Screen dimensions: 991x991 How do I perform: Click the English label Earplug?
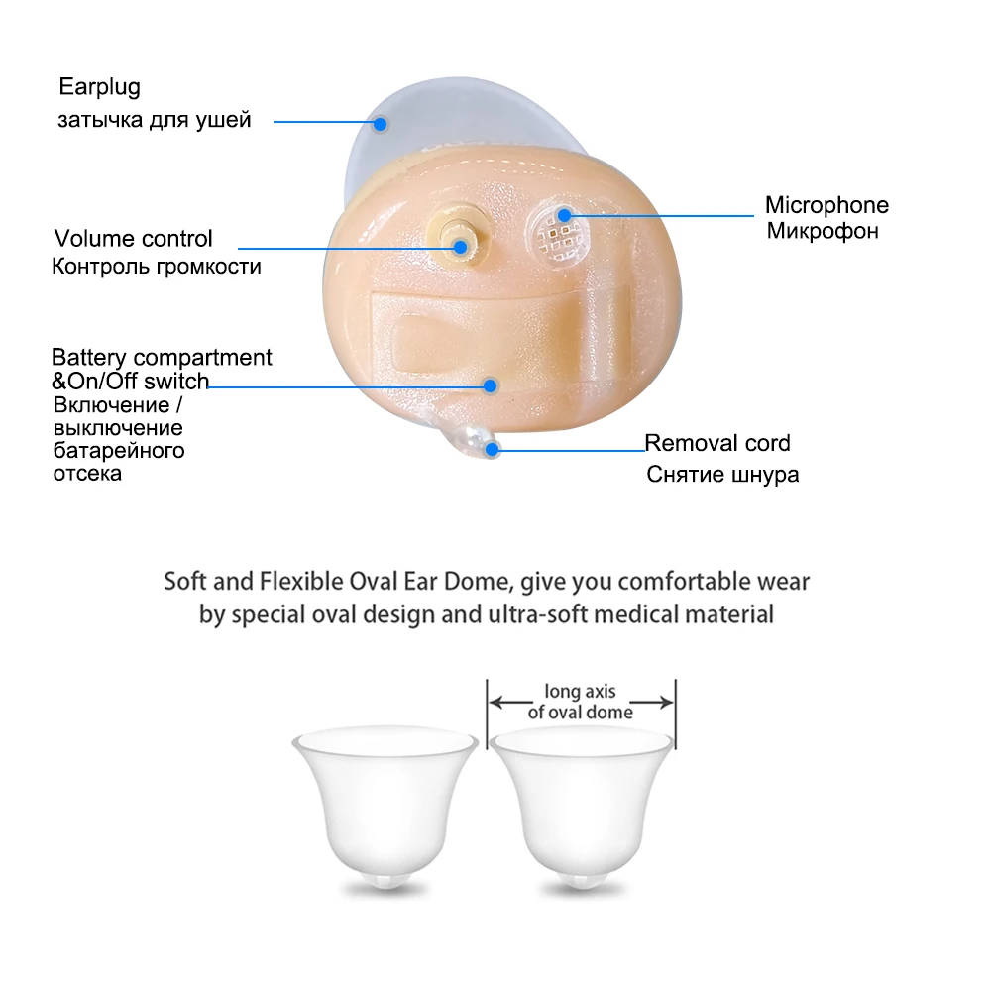pos(99,87)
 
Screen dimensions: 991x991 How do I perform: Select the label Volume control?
pos(133,239)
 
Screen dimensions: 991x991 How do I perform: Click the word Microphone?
pos(826,206)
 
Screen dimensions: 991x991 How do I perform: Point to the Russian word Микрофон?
pos(823,232)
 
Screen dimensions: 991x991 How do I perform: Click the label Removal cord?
pos(717,443)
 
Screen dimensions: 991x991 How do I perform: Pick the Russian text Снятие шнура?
pos(722,475)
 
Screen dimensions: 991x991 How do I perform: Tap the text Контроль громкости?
pos(157,267)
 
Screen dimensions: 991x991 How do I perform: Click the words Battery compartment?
pos(162,357)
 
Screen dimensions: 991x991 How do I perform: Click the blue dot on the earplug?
pos(380,124)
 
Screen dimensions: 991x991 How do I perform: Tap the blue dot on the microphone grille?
pos(564,215)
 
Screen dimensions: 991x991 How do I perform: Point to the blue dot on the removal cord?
pos(492,448)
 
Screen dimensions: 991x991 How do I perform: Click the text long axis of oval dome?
pos(581,703)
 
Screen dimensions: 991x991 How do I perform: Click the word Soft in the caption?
pos(184,581)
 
